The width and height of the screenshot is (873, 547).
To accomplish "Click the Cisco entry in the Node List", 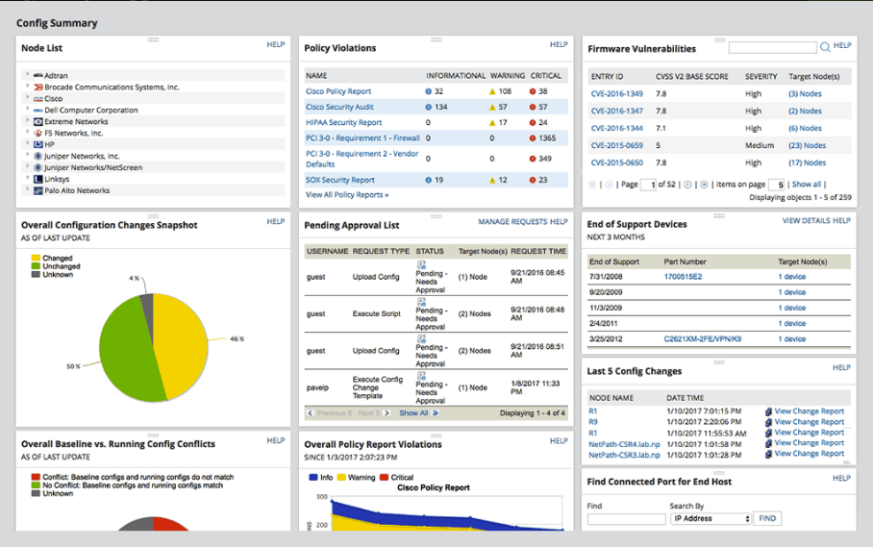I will [x=53, y=98].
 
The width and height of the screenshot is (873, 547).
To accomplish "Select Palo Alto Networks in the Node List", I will [x=77, y=190].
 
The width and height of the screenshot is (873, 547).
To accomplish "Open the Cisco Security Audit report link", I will [x=339, y=107].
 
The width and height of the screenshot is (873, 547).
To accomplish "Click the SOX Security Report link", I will [x=340, y=180].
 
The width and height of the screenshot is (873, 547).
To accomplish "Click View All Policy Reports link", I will [x=347, y=195].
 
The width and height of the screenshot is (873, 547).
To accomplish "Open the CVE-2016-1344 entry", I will [x=617, y=128].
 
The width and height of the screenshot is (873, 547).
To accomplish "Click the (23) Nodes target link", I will [x=807, y=145].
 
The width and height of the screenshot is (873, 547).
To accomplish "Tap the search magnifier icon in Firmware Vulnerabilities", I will [x=824, y=46].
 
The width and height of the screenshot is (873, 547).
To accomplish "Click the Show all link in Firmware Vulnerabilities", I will [x=806, y=185].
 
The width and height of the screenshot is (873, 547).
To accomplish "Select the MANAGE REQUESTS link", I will [x=512, y=222].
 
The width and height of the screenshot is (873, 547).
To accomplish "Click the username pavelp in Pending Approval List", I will [x=317, y=388].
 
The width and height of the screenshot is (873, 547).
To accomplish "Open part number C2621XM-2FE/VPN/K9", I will [x=707, y=338].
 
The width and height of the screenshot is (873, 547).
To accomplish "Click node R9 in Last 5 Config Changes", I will [x=593, y=422].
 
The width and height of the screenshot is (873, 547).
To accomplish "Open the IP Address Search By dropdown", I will [x=711, y=519].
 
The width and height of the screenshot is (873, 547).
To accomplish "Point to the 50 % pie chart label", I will [x=71, y=367].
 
